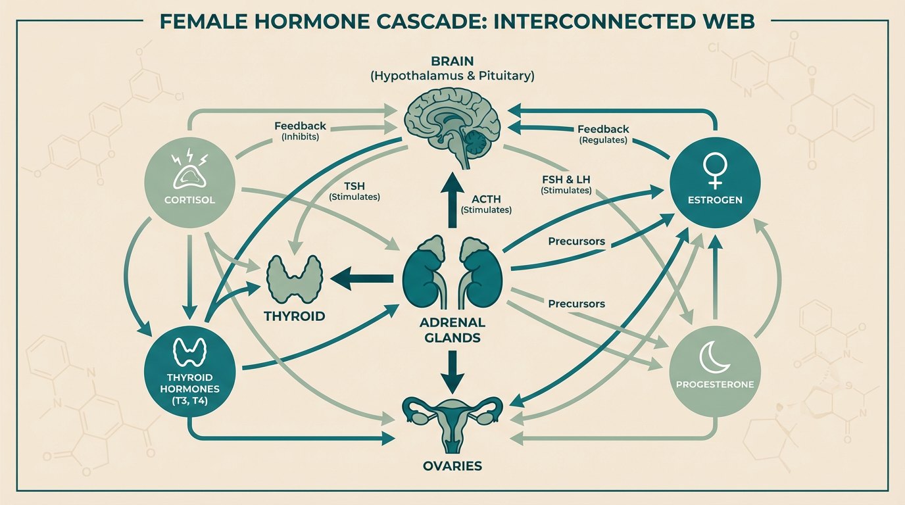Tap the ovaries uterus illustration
(452, 421)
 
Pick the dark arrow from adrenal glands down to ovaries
(452, 371)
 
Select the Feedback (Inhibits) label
(300, 131)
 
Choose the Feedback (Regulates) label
(603, 134)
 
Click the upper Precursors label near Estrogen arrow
(576, 241)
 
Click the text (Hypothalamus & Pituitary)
(452, 76)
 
